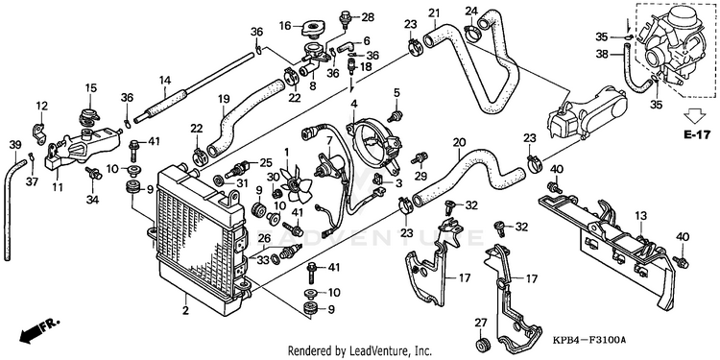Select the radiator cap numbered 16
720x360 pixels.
313,30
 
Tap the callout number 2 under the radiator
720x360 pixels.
185,310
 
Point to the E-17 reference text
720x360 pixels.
697,134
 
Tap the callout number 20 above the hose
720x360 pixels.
459,143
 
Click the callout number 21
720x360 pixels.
434,13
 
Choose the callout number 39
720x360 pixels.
15,145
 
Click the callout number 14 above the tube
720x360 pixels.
165,81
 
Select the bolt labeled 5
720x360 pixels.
395,115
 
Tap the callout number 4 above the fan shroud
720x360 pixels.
353,103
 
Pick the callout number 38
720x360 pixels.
602,54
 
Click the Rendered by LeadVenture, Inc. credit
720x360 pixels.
360,351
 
